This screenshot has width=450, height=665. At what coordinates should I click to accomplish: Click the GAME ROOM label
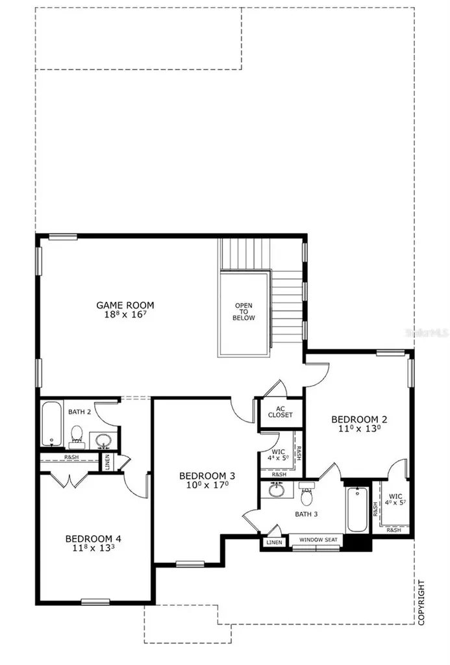(125, 305)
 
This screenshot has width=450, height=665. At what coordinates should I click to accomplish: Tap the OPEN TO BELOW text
(245, 312)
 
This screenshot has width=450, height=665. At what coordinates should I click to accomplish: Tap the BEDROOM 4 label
(94, 538)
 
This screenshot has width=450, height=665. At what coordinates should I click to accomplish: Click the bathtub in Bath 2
(51, 424)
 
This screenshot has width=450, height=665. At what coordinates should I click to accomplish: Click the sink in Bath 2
(103, 441)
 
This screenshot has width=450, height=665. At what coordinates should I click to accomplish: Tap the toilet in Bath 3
(307, 496)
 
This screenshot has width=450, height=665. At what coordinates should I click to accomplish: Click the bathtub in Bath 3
(356, 510)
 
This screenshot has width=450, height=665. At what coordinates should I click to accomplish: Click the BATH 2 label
(79, 412)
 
